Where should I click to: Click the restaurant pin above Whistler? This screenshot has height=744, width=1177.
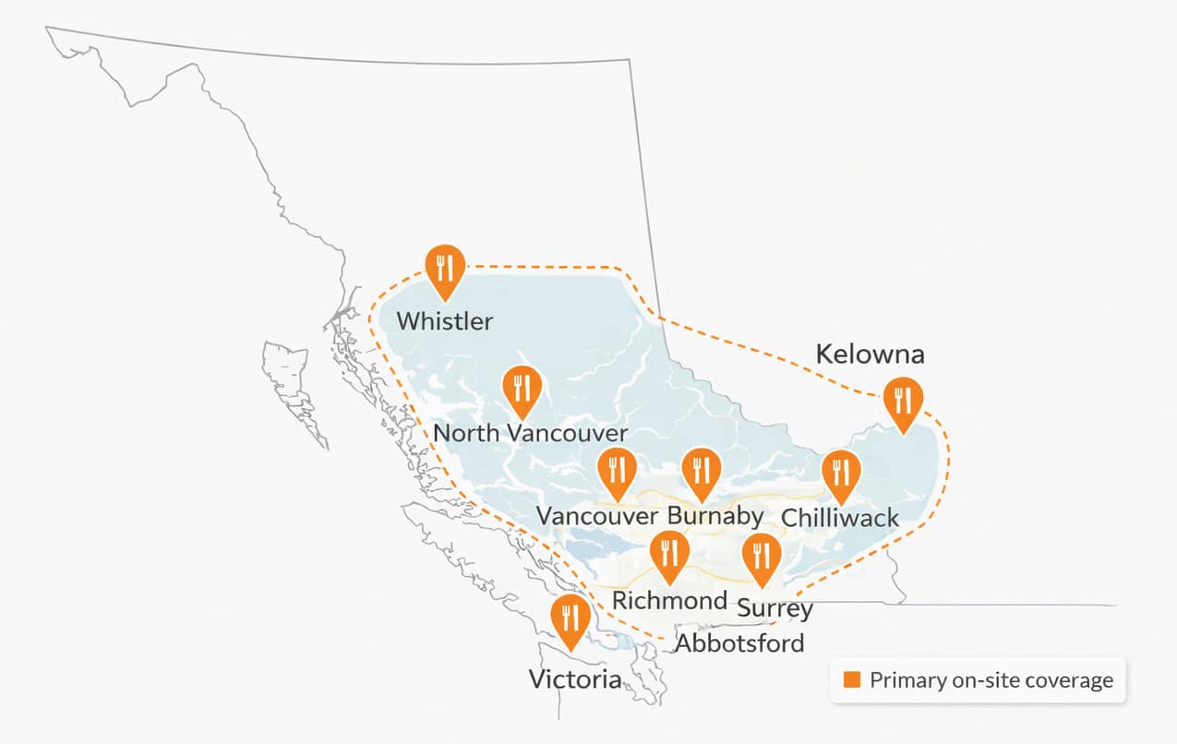click(x=445, y=269)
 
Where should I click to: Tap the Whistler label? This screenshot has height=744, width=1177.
click(x=444, y=321)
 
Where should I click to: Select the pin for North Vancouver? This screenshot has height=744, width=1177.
click(x=522, y=389)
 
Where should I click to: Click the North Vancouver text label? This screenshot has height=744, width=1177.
click(x=530, y=433)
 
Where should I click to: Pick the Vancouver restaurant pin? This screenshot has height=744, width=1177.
click(x=617, y=471)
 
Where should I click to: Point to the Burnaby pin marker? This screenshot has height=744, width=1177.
click(x=700, y=471)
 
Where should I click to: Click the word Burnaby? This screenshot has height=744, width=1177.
click(x=715, y=515)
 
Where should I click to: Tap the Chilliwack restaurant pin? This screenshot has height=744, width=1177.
click(x=840, y=474)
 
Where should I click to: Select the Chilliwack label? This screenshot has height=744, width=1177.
click(x=839, y=517)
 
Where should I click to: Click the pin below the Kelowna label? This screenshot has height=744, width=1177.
click(x=902, y=402)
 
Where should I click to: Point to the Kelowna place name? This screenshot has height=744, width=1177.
click(x=870, y=354)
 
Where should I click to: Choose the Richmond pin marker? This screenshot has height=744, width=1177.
click(x=668, y=555)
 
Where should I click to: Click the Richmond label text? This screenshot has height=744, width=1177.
click(x=670, y=601)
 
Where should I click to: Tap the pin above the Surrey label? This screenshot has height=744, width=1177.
click(x=762, y=557)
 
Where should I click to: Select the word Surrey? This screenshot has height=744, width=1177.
click(x=775, y=609)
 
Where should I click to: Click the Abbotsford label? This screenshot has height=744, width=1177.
click(x=739, y=643)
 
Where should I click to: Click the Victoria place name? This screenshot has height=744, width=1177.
click(x=574, y=681)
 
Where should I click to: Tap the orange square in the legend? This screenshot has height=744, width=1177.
click(x=852, y=680)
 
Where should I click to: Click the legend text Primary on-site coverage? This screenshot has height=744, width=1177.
click(x=991, y=681)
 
